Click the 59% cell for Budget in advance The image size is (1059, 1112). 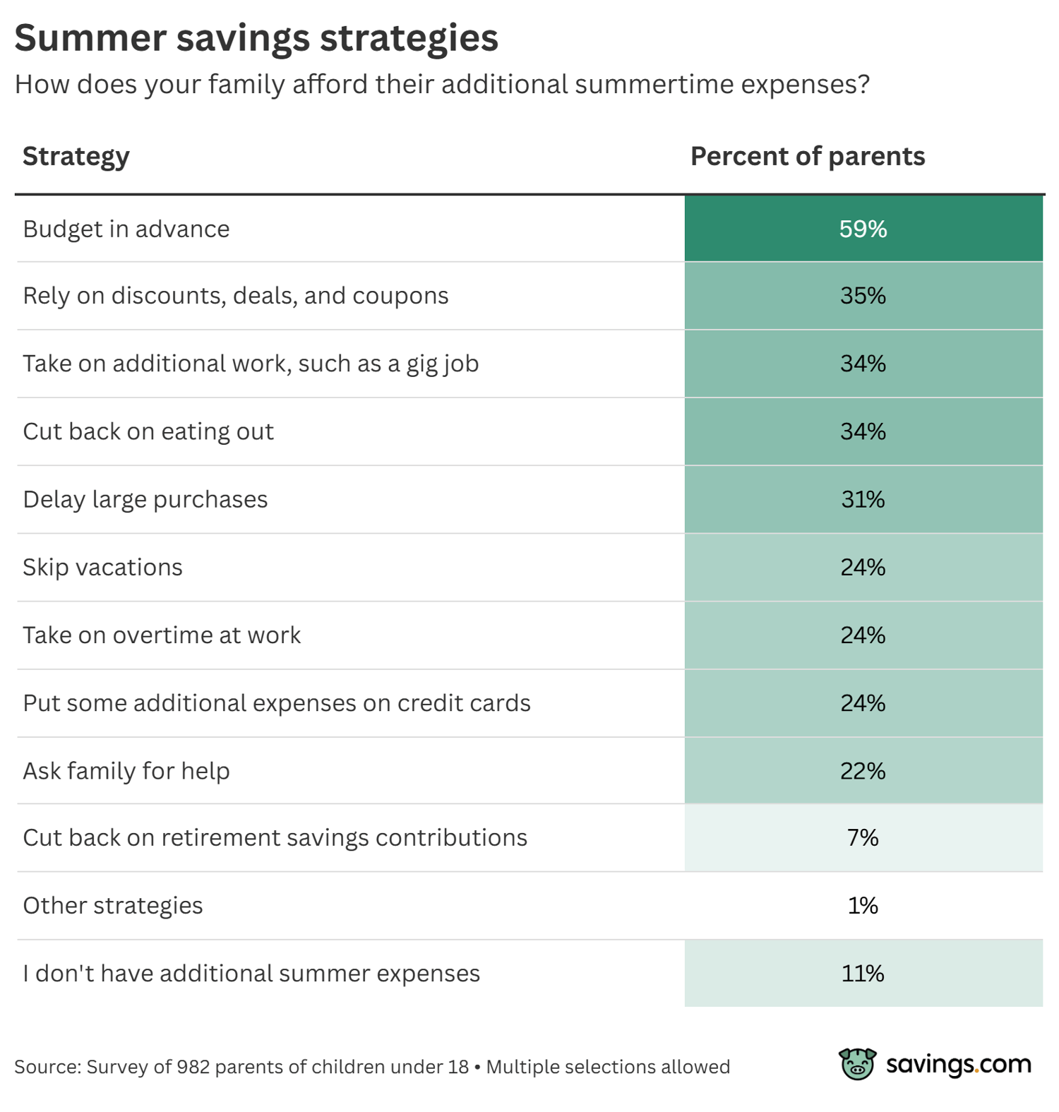pos(863,229)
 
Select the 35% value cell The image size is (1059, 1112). pos(863,295)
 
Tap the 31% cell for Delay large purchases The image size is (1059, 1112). pos(863,499)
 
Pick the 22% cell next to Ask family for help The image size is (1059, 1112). pos(863,770)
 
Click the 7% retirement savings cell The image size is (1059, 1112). pos(863,837)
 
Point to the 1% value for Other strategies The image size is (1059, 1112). pos(863,905)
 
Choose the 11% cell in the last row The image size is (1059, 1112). pos(863,973)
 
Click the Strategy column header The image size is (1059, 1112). pos(76,157)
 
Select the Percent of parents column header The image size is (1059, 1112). pos(807,156)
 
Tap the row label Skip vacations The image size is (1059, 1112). pos(102,567)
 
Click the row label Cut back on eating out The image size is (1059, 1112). pos(148,431)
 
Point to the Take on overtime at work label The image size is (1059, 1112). pos(162,635)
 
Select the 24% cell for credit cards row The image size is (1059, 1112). pos(863,703)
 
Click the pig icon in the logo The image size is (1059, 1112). pos(857,1063)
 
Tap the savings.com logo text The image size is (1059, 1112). pos(958,1063)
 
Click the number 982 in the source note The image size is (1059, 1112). pos(193,1067)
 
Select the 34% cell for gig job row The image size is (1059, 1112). pos(863,363)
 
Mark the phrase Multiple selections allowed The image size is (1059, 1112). pos(608,1067)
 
